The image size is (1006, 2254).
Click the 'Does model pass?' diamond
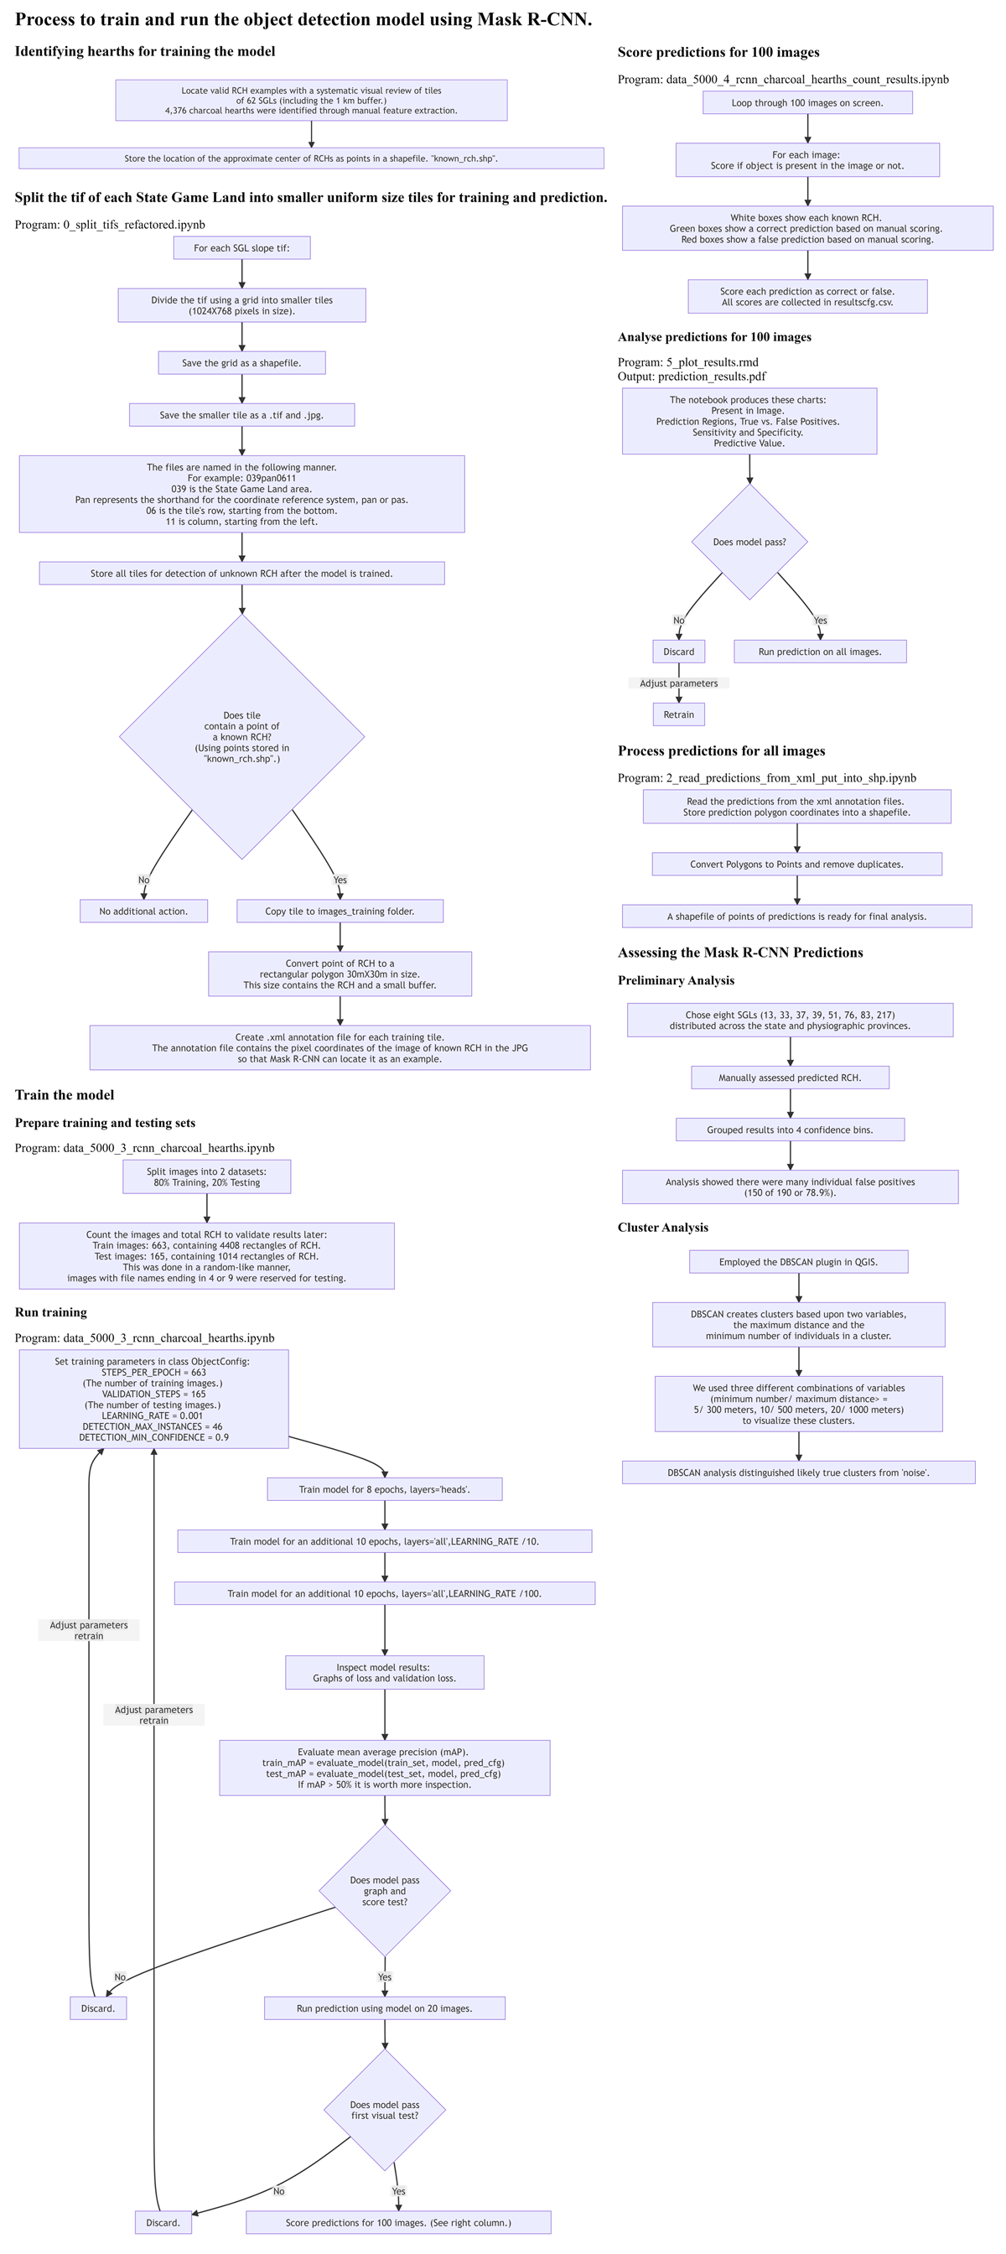pyautogui.click(x=749, y=542)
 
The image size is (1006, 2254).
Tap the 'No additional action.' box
pyautogui.click(x=143, y=911)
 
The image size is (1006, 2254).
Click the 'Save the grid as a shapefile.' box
pyautogui.click(x=241, y=362)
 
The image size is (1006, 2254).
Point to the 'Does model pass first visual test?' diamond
pyautogui.click(x=384, y=2110)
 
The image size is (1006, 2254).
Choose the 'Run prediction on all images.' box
pyautogui.click(x=820, y=651)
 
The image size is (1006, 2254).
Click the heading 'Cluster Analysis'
pyautogui.click(x=662, y=1227)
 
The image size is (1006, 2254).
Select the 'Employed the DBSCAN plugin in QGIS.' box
pyautogui.click(x=798, y=1261)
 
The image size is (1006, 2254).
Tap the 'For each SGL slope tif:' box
pyautogui.click(x=241, y=247)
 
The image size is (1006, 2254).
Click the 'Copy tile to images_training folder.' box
pyautogui.click(x=340, y=911)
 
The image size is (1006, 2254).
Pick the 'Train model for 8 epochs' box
pyautogui.click(x=384, y=1488)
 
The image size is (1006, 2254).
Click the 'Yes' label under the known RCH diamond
pyautogui.click(x=340, y=880)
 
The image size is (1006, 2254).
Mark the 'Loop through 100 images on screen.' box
pyautogui.click(x=806, y=102)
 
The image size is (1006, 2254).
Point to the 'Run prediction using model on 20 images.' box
pyautogui.click(x=384, y=2007)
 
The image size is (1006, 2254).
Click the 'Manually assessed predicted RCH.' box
pyautogui.click(x=789, y=1078)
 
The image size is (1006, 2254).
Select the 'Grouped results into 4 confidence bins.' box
pyautogui.click(x=789, y=1129)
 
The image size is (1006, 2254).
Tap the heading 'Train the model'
pyautogui.click(x=64, y=1094)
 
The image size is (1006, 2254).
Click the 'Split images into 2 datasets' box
pyautogui.click(x=206, y=1176)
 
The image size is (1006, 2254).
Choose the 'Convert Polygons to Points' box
pyautogui.click(x=796, y=864)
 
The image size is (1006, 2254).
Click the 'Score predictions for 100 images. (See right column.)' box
pyautogui.click(x=398, y=2221)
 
